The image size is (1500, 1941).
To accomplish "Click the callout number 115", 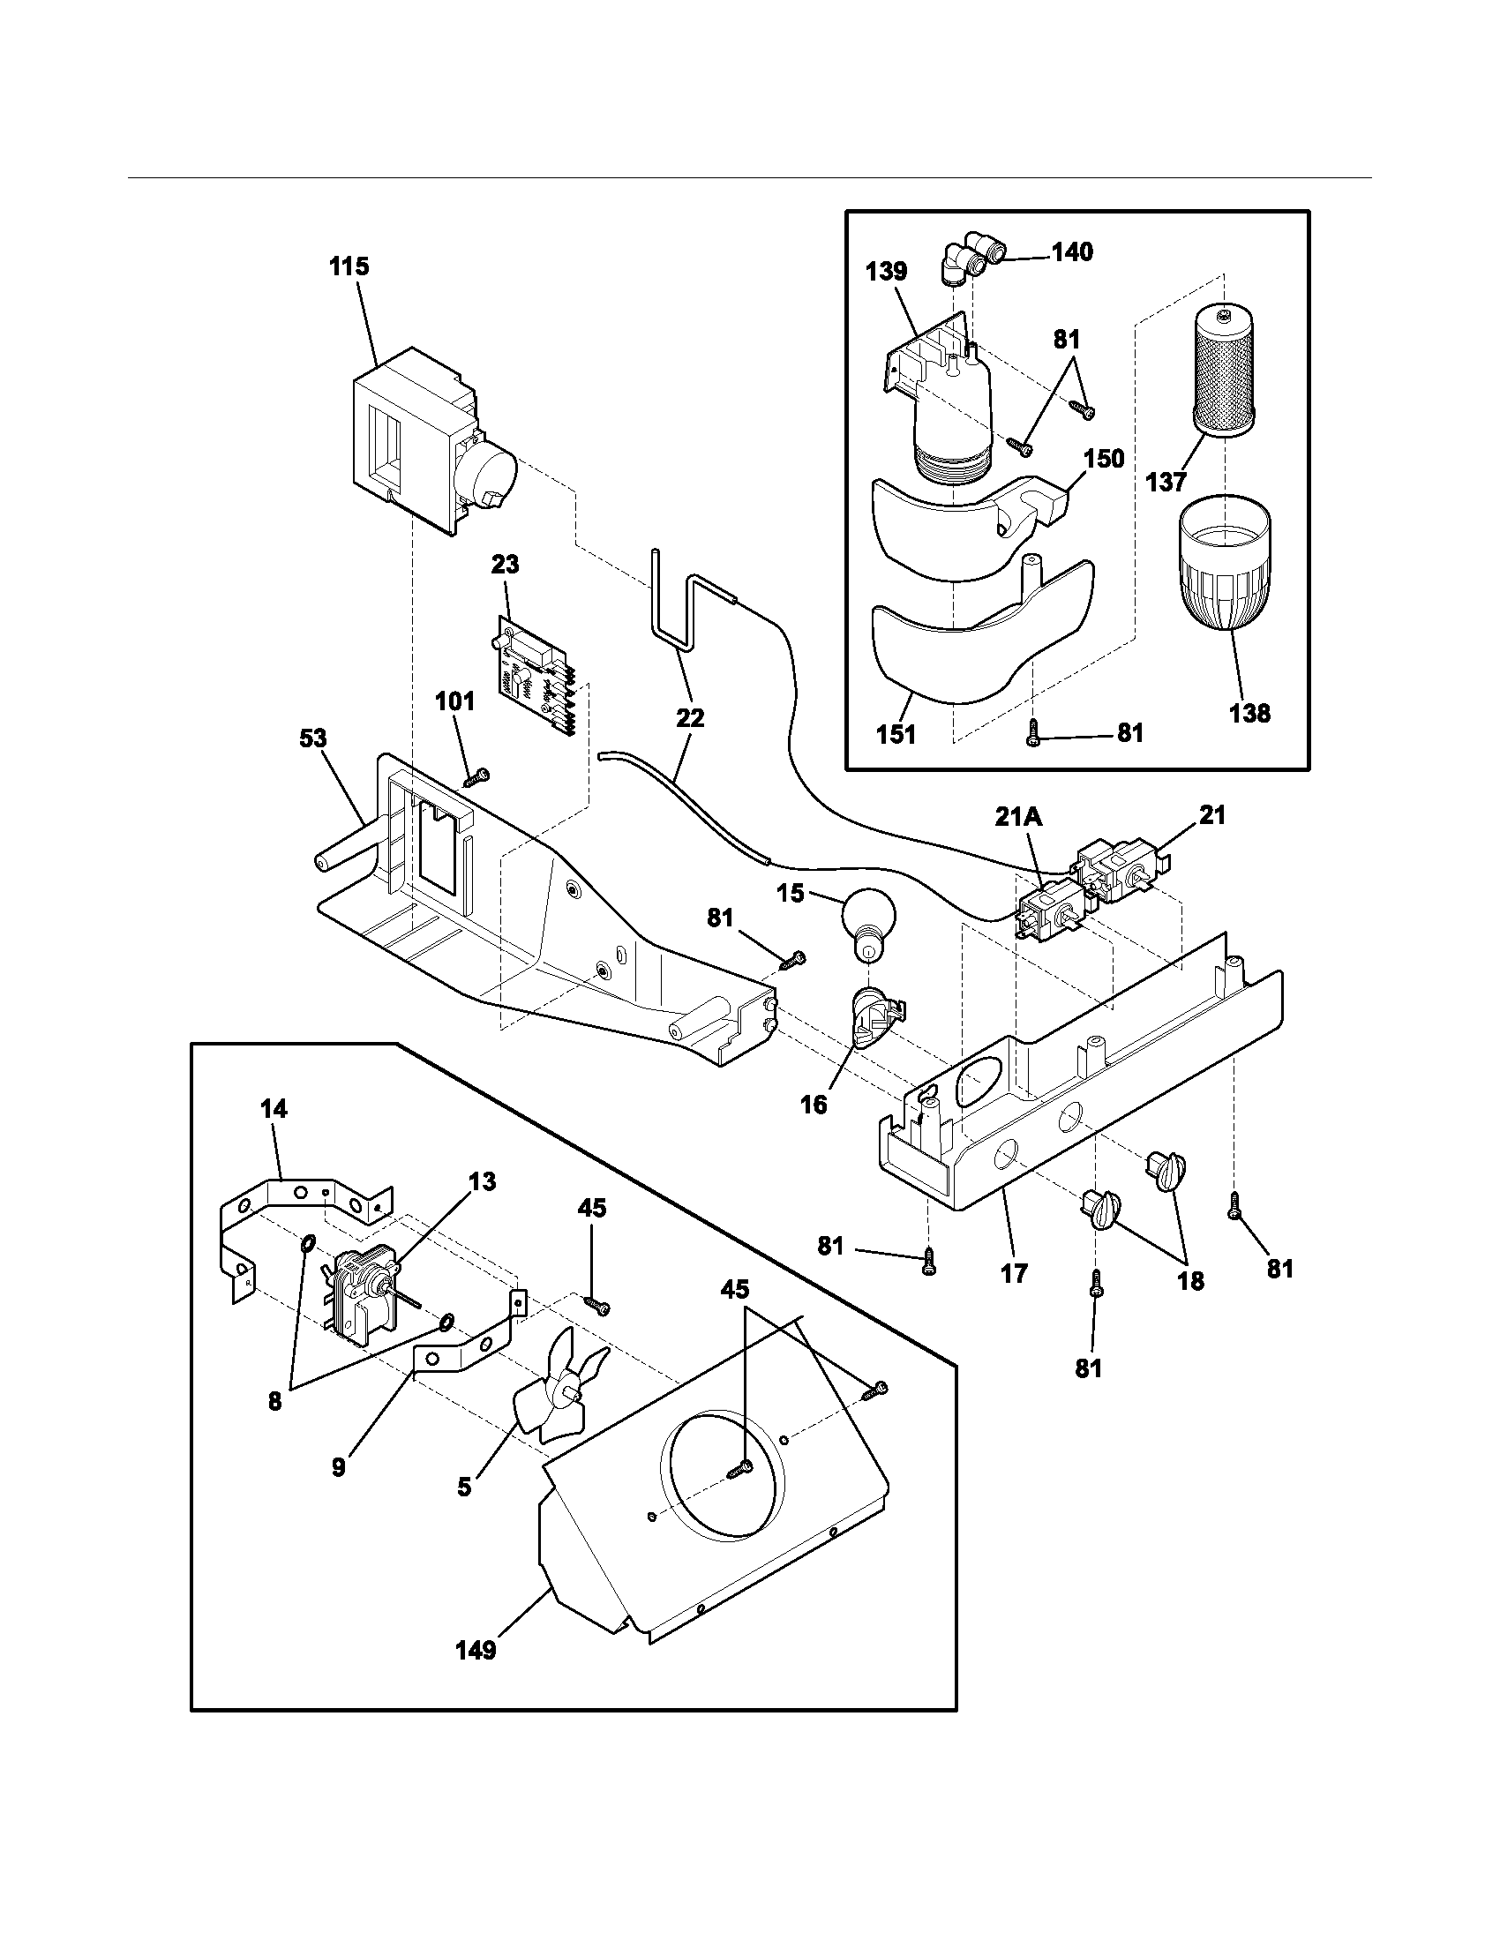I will click(349, 266).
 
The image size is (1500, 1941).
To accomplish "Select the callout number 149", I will click(476, 1651).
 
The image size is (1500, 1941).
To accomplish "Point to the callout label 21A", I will click(1018, 817).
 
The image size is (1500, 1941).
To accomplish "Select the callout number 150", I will click(1104, 459).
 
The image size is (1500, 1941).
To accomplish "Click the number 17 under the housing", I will click(1013, 1273).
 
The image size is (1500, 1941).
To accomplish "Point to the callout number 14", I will click(274, 1109).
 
